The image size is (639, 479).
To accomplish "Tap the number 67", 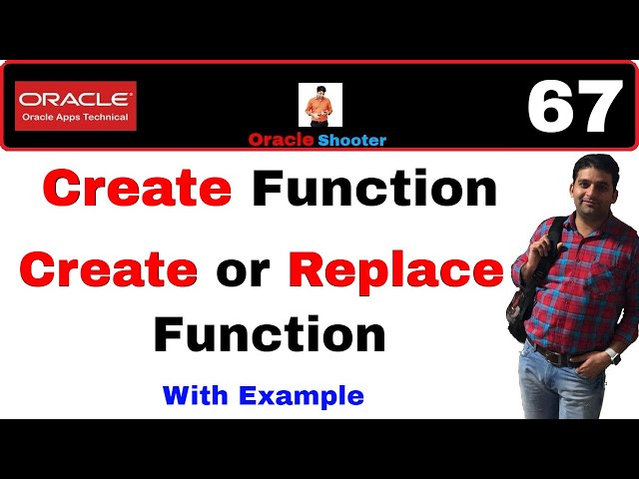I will point(574,108).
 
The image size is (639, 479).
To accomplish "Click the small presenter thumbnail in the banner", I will point(320,105).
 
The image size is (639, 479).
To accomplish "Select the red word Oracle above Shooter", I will point(284,140).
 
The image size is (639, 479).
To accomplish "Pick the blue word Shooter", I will point(353,140).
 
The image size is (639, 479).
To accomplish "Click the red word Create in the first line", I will point(137,189).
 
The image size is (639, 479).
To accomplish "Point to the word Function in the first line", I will point(373,189).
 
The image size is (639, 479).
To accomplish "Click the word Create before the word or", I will point(108,270).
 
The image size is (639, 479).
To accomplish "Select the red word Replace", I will point(395,271).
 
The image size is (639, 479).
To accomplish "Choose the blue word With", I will point(196,395).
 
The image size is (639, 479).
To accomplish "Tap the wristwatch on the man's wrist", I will point(612,355).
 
